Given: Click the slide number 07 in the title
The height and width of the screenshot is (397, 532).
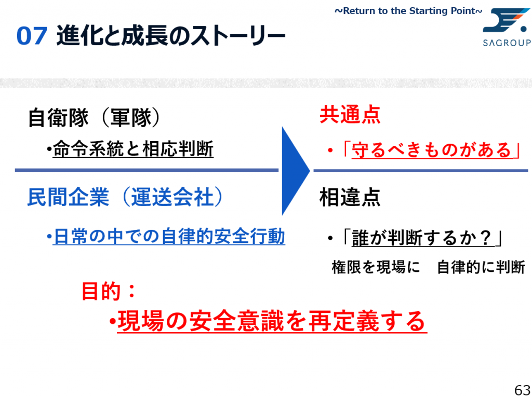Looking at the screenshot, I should (32, 37).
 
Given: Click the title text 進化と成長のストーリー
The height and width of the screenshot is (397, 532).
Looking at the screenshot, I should (171, 36).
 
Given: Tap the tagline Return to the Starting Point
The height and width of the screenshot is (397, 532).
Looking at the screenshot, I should (408, 10).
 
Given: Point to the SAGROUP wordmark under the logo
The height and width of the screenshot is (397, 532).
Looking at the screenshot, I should (507, 43).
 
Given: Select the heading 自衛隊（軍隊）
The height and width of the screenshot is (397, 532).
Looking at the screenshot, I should (94, 118).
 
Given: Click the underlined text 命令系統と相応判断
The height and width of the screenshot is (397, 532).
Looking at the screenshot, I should (133, 149).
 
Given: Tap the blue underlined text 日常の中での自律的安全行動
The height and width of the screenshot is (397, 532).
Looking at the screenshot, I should (169, 237).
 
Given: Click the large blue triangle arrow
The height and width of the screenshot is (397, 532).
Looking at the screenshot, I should (294, 170).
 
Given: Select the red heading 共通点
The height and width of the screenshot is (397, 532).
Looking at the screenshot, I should (350, 116).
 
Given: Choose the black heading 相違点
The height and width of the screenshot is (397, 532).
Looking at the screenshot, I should (350, 198).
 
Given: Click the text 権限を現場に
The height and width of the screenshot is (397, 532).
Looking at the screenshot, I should (375, 267).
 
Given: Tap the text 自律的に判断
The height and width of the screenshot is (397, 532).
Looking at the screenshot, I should (481, 267).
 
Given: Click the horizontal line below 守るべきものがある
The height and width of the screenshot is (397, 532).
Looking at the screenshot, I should (421, 170).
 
